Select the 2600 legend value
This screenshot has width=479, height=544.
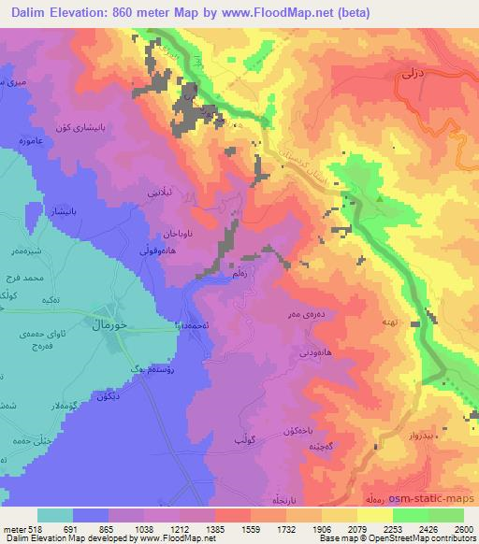(462, 529)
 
